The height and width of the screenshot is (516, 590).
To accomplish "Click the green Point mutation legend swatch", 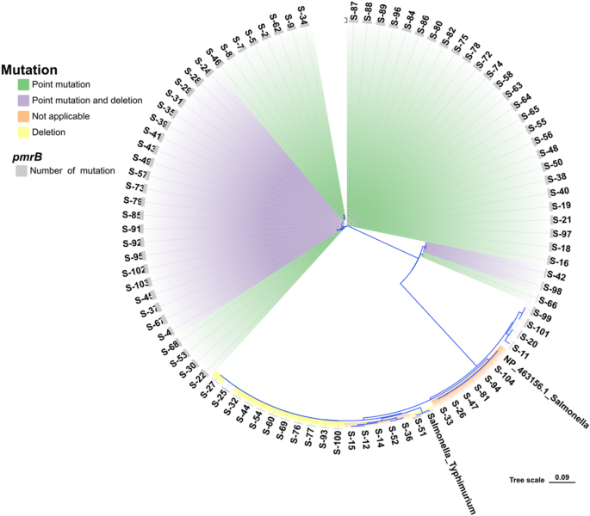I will pos(23,84).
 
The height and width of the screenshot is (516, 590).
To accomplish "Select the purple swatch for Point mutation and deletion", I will pos(23,101).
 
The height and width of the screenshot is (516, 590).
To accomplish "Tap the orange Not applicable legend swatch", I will pos(23,116).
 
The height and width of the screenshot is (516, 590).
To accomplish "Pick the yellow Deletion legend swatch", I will pos(23,132).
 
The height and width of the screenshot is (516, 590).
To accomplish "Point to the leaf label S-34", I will pos(306,15).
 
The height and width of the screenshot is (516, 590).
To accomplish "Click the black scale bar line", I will pos(561,485).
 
